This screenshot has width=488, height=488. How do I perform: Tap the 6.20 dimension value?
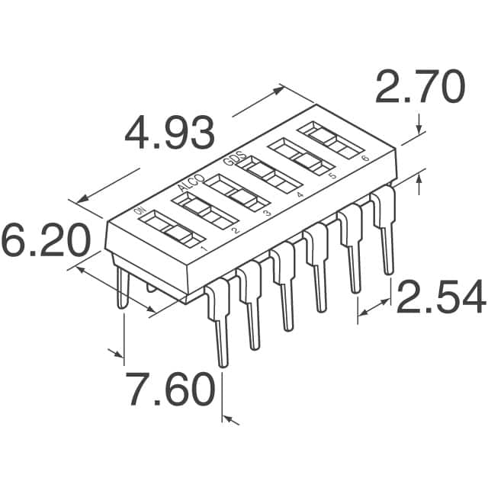point(46,241)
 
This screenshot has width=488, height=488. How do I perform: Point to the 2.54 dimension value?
point(441,297)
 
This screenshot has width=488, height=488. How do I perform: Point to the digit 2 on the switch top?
point(236,230)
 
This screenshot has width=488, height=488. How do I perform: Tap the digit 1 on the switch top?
point(204,249)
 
